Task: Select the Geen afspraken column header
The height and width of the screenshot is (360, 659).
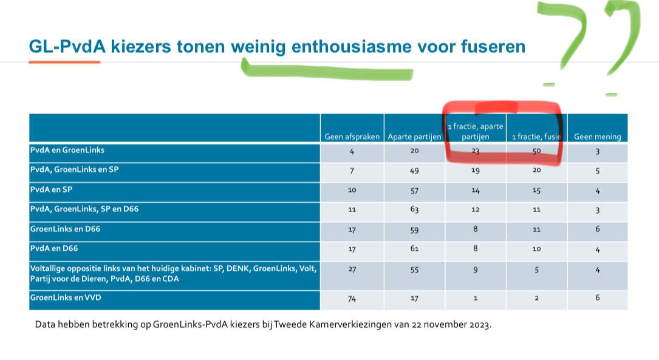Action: (x=352, y=137)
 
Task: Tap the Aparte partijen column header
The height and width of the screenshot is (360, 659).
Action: (x=414, y=137)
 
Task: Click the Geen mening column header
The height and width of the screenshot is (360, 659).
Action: (x=598, y=137)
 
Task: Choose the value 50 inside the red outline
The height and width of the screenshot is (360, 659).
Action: (x=536, y=151)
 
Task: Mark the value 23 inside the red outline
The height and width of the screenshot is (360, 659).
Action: (x=476, y=151)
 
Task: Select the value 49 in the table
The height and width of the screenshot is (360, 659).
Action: (x=414, y=171)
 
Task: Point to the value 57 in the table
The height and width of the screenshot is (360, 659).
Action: (x=414, y=191)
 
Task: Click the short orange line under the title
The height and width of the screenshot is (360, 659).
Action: (x=64, y=62)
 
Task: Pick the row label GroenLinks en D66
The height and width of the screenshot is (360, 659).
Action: (x=62, y=229)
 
